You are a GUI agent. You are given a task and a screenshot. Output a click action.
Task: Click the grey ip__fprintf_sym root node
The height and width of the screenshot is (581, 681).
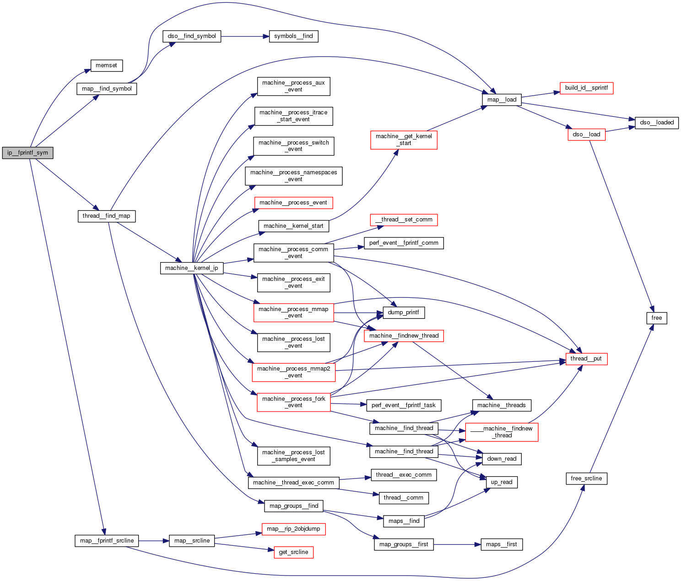tap(27, 153)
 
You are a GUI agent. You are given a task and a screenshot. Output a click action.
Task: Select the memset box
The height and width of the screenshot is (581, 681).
tap(106, 65)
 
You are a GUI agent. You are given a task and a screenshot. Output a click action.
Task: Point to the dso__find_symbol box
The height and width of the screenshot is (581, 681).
tap(192, 36)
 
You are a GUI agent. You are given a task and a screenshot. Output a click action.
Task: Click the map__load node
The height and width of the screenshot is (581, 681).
tap(502, 100)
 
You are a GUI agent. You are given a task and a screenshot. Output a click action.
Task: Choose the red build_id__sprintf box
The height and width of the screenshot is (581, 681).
tap(586, 88)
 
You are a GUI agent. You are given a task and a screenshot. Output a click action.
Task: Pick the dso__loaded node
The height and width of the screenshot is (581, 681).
tap(657, 123)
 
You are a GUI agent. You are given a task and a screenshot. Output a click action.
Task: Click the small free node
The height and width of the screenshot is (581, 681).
tap(657, 318)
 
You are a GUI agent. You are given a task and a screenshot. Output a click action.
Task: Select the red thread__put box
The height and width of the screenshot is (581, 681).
tap(586, 359)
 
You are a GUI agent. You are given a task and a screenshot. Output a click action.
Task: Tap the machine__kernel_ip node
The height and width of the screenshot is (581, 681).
tap(192, 268)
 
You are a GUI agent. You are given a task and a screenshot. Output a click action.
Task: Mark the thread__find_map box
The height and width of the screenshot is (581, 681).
tap(106, 216)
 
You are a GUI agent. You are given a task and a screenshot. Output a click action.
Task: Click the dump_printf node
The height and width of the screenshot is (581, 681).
tap(403, 312)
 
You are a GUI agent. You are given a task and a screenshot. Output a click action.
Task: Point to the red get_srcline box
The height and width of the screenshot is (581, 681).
tap(293, 552)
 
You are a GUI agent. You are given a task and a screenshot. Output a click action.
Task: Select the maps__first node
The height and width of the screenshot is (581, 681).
tap(502, 544)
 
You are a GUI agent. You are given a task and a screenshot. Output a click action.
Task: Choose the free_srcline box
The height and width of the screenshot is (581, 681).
tap(586, 479)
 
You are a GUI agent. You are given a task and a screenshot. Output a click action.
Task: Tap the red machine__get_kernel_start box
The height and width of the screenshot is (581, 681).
tap(404, 140)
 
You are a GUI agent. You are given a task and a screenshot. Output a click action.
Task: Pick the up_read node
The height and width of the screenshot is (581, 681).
tap(502, 482)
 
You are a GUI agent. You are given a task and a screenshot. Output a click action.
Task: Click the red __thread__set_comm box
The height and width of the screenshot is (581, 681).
tap(404, 220)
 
